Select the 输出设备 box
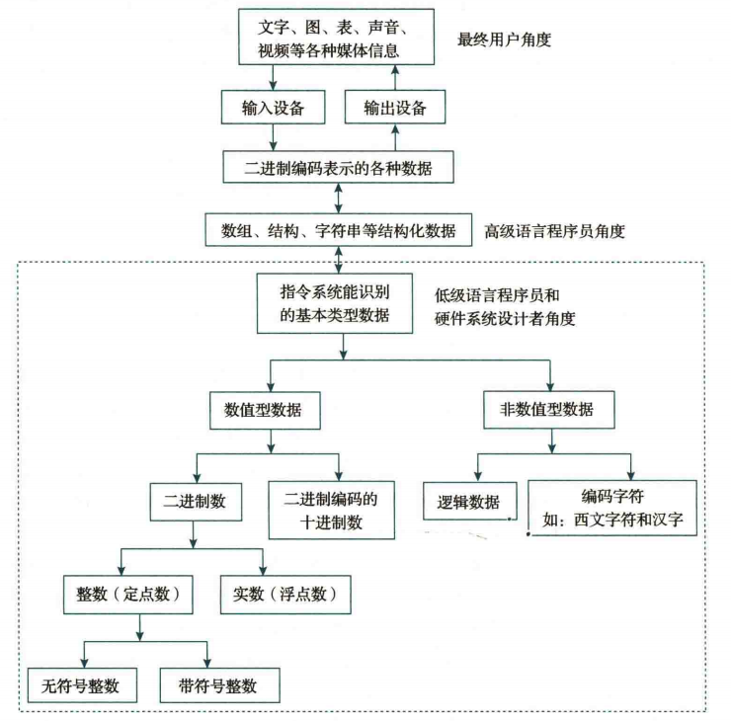tap(393, 108)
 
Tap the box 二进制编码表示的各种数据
tap(338, 169)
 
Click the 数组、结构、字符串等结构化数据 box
tap(338, 231)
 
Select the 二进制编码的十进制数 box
tap(331, 511)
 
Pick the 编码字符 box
tap(613, 507)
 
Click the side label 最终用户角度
tap(504, 40)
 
